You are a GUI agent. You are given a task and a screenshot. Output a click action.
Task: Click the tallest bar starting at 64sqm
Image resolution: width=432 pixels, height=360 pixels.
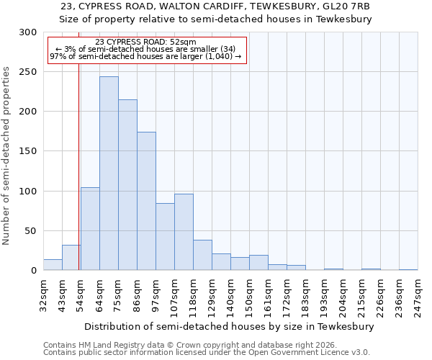(x=109, y=174)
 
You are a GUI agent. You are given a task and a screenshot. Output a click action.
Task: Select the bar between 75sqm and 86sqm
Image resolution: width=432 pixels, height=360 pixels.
(x=127, y=185)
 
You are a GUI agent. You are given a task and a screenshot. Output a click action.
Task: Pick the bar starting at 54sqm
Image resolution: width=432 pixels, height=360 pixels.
(x=90, y=229)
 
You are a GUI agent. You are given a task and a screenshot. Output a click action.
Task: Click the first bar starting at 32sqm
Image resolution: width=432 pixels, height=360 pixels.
(x=53, y=265)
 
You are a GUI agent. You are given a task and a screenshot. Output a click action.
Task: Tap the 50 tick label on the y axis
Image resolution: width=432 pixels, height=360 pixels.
(x=31, y=231)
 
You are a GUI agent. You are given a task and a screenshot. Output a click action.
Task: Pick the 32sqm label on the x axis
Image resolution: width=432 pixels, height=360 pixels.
(x=43, y=293)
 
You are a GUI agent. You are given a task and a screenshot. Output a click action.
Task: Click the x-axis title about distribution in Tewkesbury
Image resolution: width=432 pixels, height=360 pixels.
(x=229, y=326)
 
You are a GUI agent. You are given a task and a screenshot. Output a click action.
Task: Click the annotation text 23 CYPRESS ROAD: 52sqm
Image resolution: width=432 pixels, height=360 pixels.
(x=145, y=42)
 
